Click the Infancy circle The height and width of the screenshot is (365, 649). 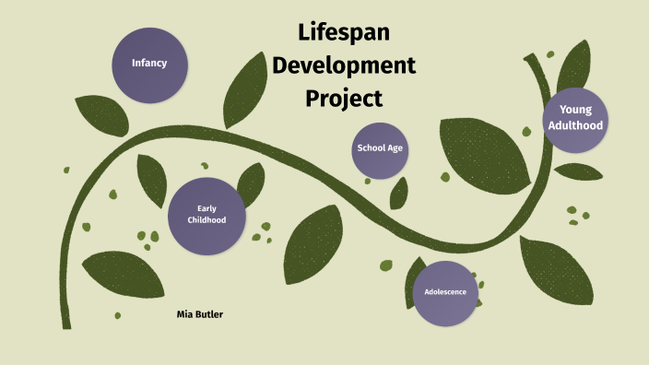point(148,63)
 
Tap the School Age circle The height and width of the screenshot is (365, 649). point(380,149)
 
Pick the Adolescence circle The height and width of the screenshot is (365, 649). point(445,292)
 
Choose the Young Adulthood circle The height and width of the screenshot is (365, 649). point(575,118)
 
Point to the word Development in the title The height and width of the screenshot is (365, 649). point(344,65)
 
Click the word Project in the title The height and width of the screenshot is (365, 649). point(344,98)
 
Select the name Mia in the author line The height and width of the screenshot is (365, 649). point(185,314)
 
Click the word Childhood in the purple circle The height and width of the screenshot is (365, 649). point(206,220)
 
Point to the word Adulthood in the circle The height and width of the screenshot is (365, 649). point(575,126)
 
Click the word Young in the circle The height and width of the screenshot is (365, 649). point(575,110)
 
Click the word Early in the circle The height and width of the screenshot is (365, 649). point(206,208)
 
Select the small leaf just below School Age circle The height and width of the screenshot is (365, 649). point(399,193)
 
